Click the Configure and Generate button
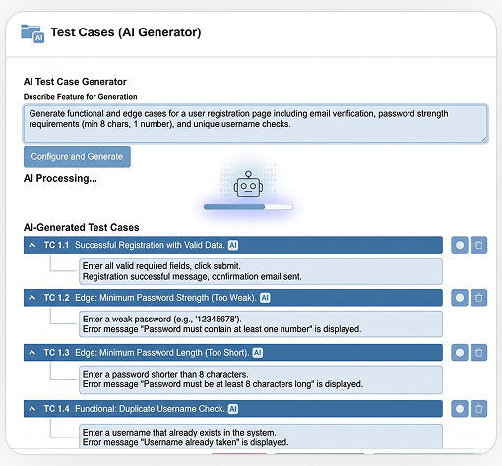coord(77,157)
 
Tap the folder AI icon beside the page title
coord(32,33)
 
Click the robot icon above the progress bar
coord(248,184)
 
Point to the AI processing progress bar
coord(248,207)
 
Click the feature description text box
coord(256,124)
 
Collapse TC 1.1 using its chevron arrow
coord(32,245)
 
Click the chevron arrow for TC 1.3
coord(32,353)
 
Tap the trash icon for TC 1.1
coord(479,245)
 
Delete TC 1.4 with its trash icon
coord(479,409)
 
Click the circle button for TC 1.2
coord(460,298)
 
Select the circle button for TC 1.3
coord(460,353)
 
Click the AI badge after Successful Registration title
coord(233,245)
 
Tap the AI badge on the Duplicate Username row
coord(233,409)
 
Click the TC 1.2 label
coord(57,298)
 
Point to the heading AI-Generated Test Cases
coord(82,227)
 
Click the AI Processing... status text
coord(60,178)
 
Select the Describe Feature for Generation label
coord(81,97)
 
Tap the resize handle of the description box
coord(484,139)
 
